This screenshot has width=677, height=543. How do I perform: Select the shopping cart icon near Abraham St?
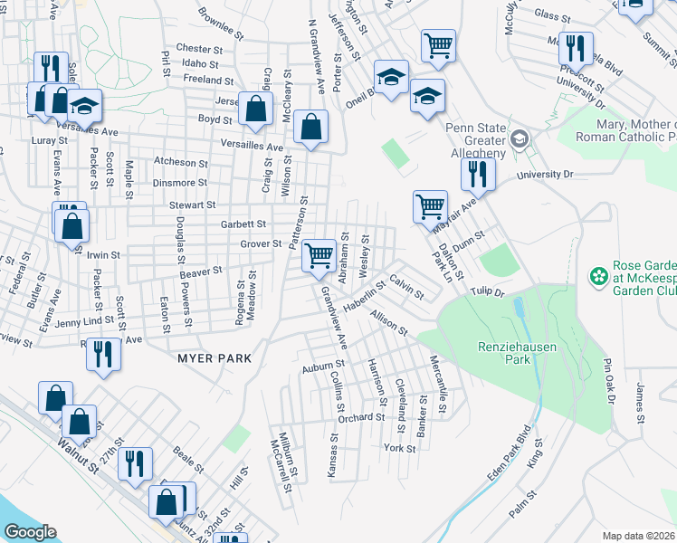[x=319, y=256]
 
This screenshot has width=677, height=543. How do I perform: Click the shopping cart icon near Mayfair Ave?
[x=430, y=206]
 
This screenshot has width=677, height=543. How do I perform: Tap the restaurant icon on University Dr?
[x=477, y=174]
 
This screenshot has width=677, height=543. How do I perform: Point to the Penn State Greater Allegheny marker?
[x=520, y=138]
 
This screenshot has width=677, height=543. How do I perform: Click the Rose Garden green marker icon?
[x=597, y=274]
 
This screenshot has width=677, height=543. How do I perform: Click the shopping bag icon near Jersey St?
[x=256, y=109]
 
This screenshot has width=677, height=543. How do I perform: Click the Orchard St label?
[x=362, y=417]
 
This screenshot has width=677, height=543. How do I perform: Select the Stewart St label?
[x=192, y=206]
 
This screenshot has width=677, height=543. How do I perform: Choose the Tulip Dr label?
[x=486, y=291]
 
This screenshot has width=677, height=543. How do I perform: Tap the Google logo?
[x=30, y=532]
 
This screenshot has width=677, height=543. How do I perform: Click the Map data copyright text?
[x=639, y=536]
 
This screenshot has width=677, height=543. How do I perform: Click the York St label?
[x=398, y=448]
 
